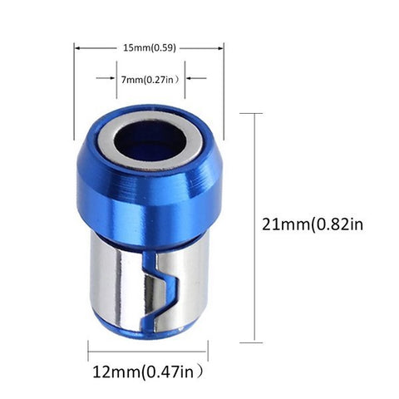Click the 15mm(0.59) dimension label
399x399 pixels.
coord(148,47)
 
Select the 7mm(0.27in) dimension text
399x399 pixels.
coord(149,79)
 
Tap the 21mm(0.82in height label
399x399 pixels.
coord(312,224)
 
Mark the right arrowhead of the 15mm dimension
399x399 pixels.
coord(220,47)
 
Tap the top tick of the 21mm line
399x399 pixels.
coord(252,114)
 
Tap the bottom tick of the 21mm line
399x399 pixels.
coord(252,341)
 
